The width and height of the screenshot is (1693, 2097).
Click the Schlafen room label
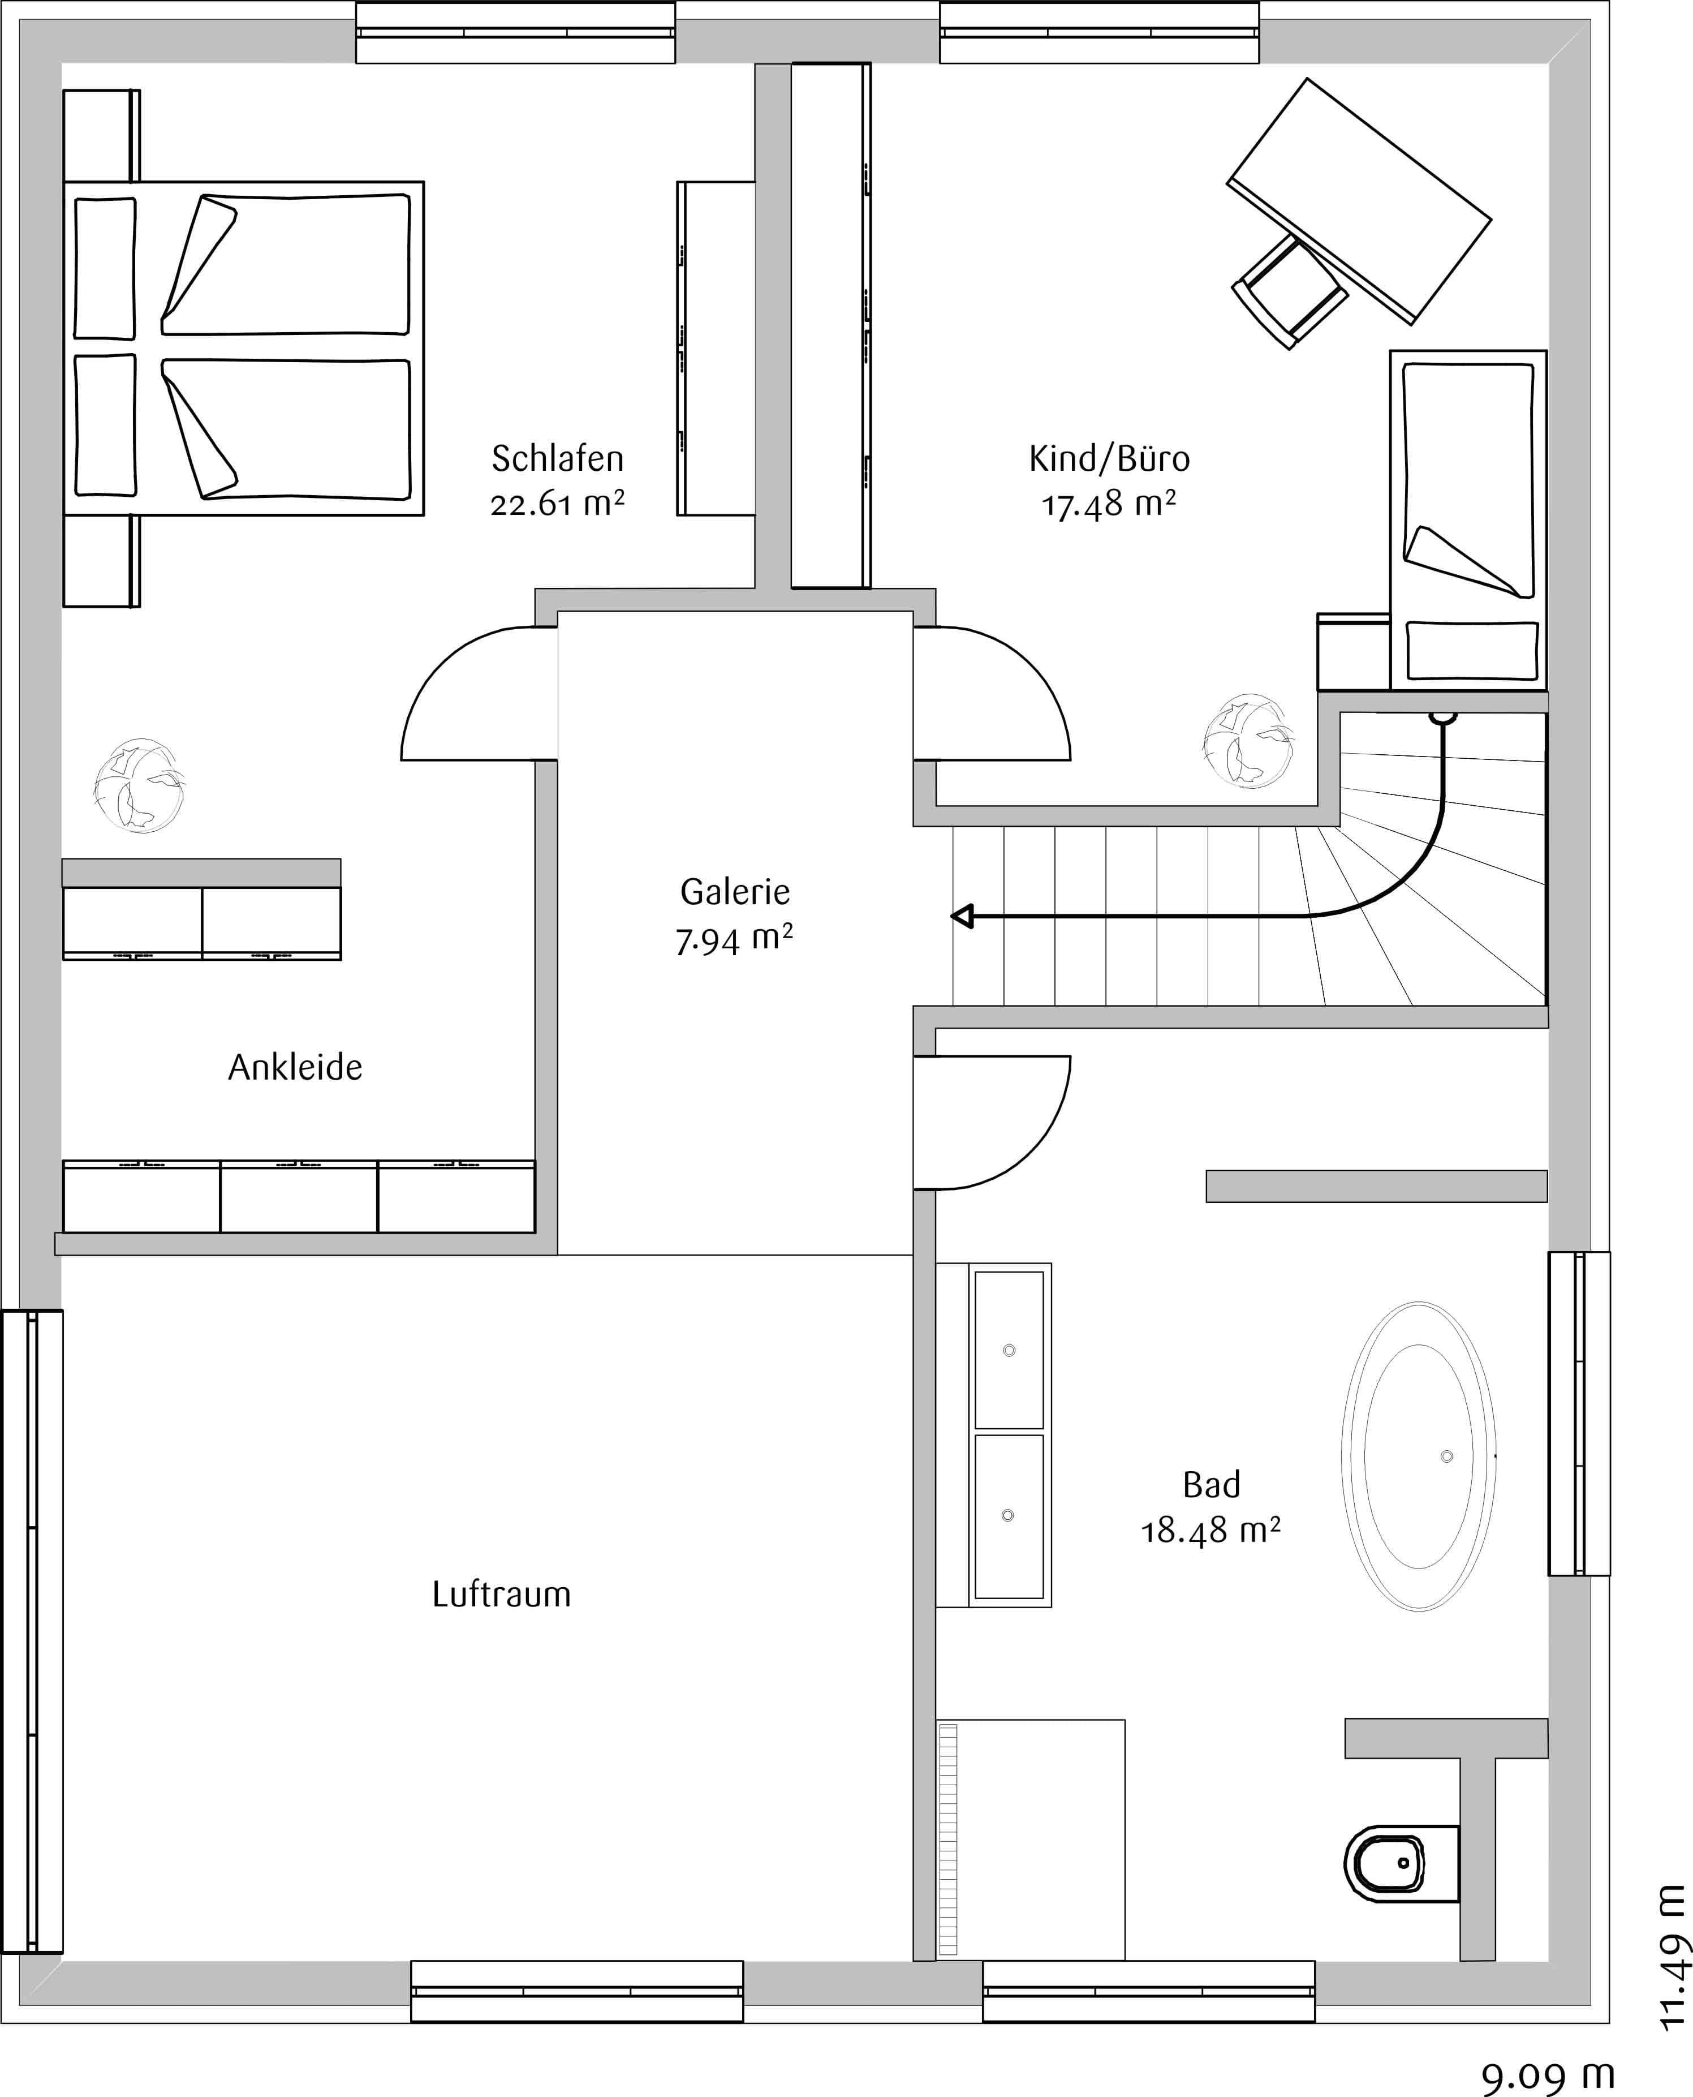(x=557, y=458)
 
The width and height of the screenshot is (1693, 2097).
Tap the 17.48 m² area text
(x=1109, y=504)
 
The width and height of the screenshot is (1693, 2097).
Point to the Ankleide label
(x=295, y=1067)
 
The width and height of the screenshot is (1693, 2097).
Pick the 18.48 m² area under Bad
(x=1210, y=1531)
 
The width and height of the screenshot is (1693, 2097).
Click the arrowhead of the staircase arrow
(x=963, y=917)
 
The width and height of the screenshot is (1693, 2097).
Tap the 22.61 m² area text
(x=557, y=504)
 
